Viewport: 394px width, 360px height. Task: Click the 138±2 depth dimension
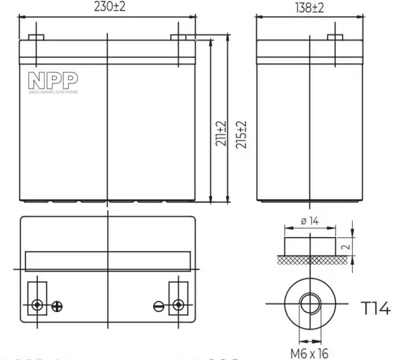(308, 8)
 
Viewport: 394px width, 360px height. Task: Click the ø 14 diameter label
(309, 221)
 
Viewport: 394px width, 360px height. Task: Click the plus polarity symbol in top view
(57, 305)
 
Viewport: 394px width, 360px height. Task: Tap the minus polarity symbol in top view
(158, 305)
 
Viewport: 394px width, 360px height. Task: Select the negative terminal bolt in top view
(177, 305)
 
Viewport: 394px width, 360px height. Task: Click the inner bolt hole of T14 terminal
(308, 305)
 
